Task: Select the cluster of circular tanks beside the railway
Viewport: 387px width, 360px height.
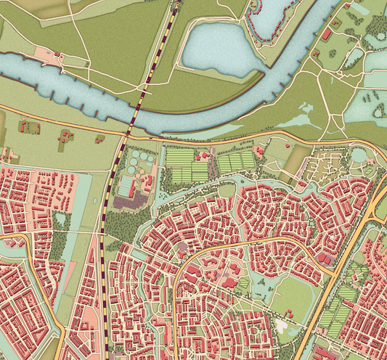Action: [x=138, y=163]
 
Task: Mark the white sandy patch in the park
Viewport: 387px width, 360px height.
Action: [x=280, y=323]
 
